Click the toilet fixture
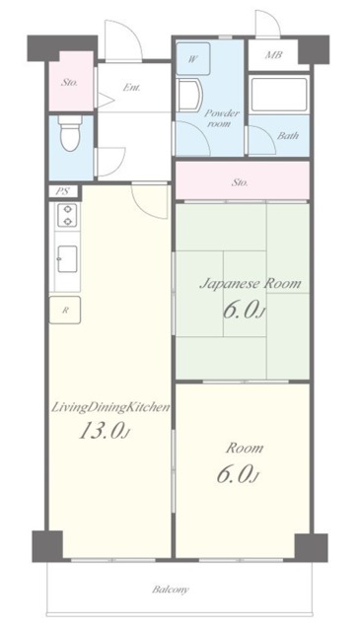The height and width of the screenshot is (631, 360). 70,133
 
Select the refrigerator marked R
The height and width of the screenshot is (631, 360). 65,310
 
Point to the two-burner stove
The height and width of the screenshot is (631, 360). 67,215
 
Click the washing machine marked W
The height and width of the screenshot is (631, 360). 193,59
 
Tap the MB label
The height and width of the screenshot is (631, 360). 273,55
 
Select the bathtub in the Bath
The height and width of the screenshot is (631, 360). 279,95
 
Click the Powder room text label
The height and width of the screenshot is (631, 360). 222,118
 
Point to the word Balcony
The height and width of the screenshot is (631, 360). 171,590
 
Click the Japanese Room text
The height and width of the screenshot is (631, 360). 251,284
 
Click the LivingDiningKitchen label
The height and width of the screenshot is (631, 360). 110,407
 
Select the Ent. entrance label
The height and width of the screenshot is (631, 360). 132,88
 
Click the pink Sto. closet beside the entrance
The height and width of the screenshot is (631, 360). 71,81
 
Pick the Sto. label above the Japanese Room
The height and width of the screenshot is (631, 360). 240,182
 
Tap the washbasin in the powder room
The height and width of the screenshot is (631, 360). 188,95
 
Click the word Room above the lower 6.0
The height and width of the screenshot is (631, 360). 244,448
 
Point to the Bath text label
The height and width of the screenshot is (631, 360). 288,136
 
